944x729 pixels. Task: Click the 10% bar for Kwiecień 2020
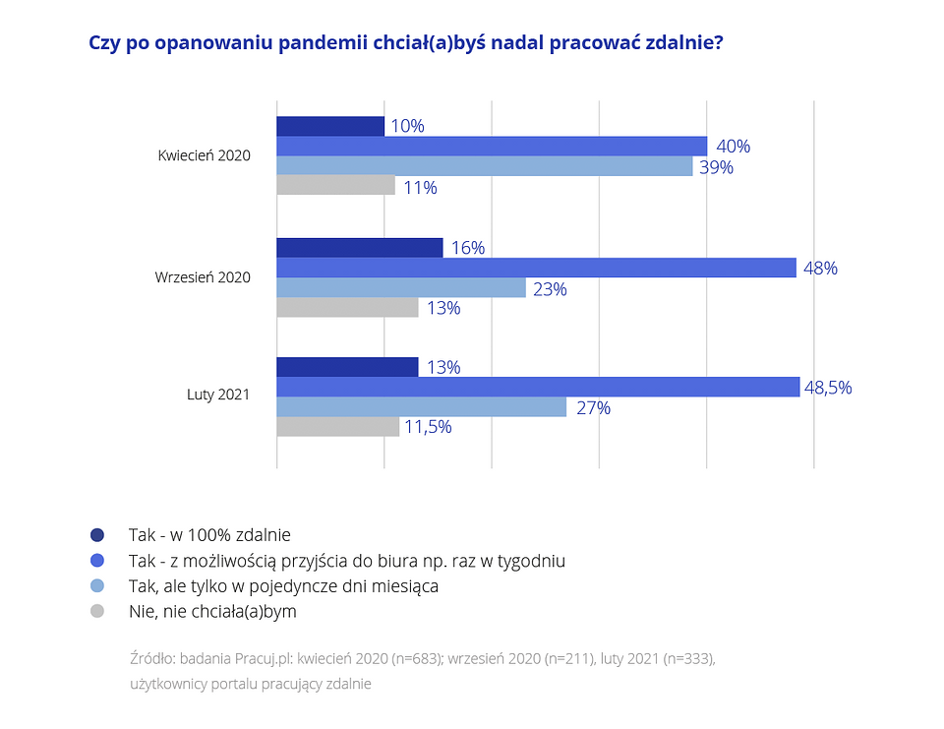[x=330, y=126]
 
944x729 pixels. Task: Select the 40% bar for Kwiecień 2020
[x=492, y=146]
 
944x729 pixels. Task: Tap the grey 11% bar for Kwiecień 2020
[x=335, y=186]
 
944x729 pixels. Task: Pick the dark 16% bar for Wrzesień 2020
[x=360, y=248]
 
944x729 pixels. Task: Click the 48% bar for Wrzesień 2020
[x=536, y=268]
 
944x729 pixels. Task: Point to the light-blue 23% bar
[x=401, y=287]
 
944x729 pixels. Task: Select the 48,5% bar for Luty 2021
[x=538, y=387]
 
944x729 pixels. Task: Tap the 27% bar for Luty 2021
[x=422, y=406]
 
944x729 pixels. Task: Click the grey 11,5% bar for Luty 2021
[x=338, y=427]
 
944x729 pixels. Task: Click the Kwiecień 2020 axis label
[x=205, y=155]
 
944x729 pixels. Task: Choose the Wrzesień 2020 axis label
[x=203, y=277]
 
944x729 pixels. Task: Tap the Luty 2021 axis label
[x=218, y=395]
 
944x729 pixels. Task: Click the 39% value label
[x=716, y=167]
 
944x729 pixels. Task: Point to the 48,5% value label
[x=828, y=388]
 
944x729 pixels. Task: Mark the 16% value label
[x=468, y=248]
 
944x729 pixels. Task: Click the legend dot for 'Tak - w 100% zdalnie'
[x=96, y=535]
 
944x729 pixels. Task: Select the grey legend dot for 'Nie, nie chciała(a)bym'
[x=96, y=611]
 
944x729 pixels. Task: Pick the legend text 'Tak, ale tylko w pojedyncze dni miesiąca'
[x=283, y=586]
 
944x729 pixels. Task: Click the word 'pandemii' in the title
[x=323, y=43]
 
